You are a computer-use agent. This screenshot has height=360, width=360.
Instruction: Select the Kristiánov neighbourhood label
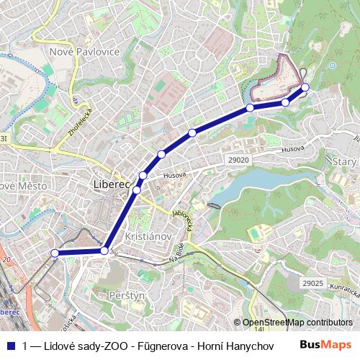[147, 236]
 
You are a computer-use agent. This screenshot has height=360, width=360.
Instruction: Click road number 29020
[237, 160]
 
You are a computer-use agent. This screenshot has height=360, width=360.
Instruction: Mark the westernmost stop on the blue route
[55, 253]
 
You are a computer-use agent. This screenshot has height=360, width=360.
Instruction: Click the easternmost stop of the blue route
[305, 87]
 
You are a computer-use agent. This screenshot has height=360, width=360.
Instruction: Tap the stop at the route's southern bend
[105, 251]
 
